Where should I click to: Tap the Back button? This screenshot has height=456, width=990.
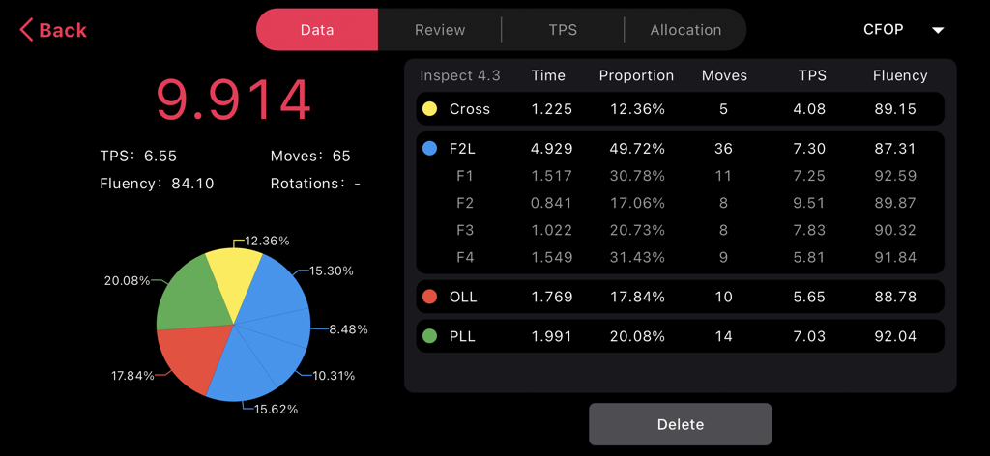tap(53, 30)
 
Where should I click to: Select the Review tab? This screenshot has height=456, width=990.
tap(440, 30)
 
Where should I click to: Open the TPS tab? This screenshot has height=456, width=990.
tap(563, 30)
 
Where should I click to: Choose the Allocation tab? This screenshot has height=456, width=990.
tap(685, 30)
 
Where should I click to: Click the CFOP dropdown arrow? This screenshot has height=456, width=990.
tap(937, 30)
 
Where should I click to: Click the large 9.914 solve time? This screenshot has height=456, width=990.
tap(233, 99)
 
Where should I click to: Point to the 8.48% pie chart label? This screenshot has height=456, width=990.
tap(348, 329)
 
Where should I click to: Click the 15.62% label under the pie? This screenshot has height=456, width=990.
tap(276, 409)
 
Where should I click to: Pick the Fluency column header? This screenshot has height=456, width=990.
tap(899, 75)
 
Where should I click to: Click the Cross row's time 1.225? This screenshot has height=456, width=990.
tap(551, 109)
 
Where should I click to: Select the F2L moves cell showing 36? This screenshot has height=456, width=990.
tap(723, 149)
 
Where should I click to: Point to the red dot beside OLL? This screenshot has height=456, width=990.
tap(429, 297)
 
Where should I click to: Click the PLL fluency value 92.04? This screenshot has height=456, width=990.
tap(893, 336)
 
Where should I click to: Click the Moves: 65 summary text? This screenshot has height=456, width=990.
tap(310, 156)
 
